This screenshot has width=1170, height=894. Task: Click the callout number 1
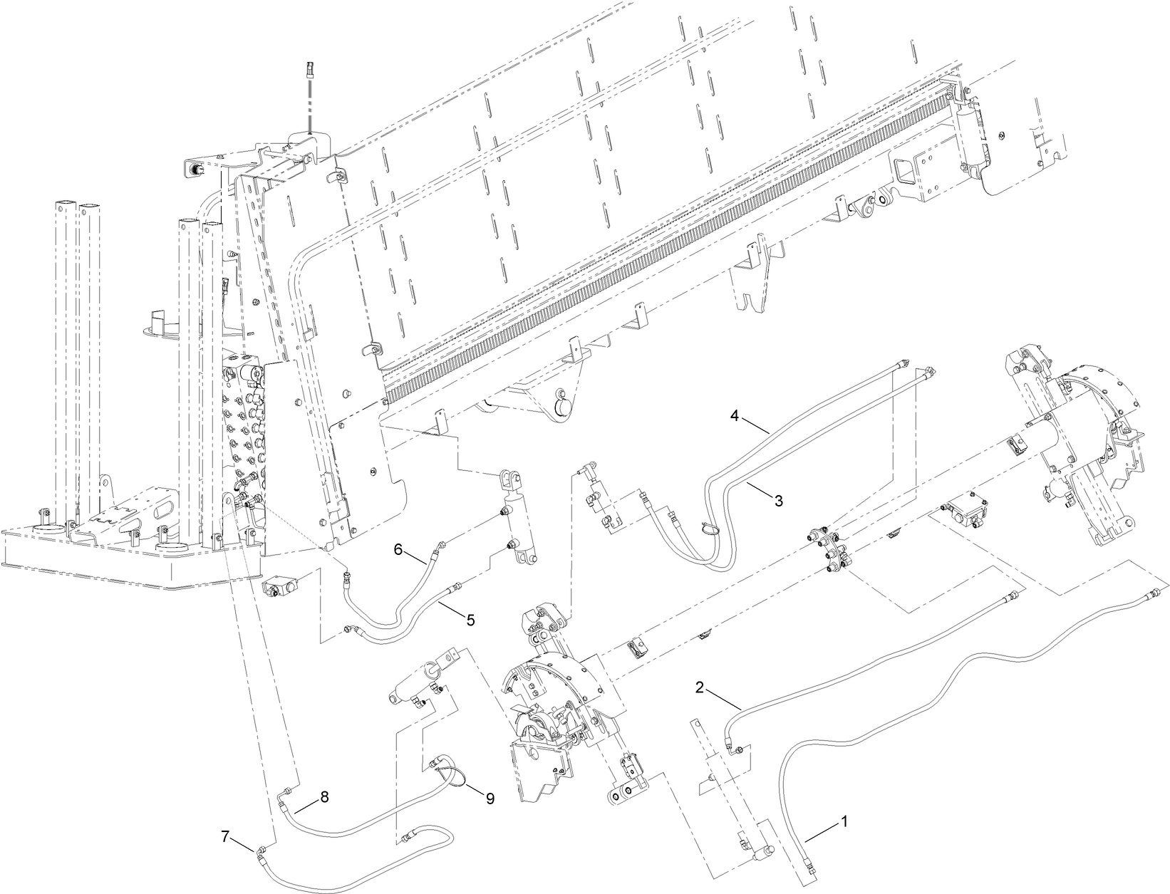844,821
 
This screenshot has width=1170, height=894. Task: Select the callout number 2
700,687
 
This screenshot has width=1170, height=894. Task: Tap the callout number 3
779,501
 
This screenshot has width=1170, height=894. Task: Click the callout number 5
470,619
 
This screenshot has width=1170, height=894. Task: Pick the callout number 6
398,549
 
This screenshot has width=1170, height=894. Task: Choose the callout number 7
226,838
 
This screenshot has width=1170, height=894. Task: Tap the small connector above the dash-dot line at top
309,69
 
